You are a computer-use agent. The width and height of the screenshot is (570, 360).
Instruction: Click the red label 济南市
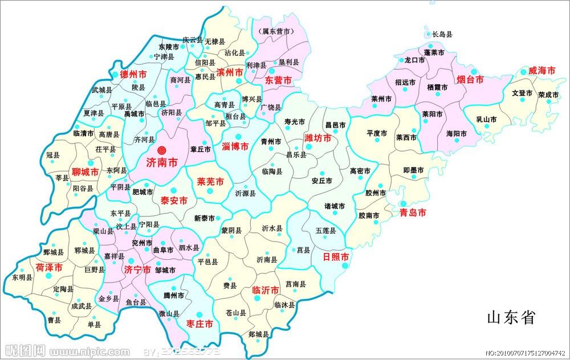click(162, 162)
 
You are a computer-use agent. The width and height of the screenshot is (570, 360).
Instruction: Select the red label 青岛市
click(413, 212)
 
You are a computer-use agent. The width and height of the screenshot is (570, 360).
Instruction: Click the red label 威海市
click(541, 71)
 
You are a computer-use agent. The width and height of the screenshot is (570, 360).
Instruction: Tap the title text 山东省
click(511, 317)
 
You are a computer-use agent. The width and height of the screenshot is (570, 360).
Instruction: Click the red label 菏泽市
click(48, 267)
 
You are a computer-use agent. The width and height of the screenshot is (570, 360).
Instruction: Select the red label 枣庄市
click(199, 324)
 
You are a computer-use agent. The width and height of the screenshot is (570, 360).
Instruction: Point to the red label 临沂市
click(266, 290)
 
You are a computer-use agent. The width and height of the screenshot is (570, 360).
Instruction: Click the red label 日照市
click(336, 256)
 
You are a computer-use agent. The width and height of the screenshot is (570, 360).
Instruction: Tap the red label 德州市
click(133, 75)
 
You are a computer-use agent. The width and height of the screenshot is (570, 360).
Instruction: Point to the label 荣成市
click(548, 95)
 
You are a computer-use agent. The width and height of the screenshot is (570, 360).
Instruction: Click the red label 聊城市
click(85, 171)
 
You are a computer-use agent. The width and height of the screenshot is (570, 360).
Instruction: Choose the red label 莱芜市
click(210, 182)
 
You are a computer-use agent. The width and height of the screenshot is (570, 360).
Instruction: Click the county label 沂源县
click(245, 194)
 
